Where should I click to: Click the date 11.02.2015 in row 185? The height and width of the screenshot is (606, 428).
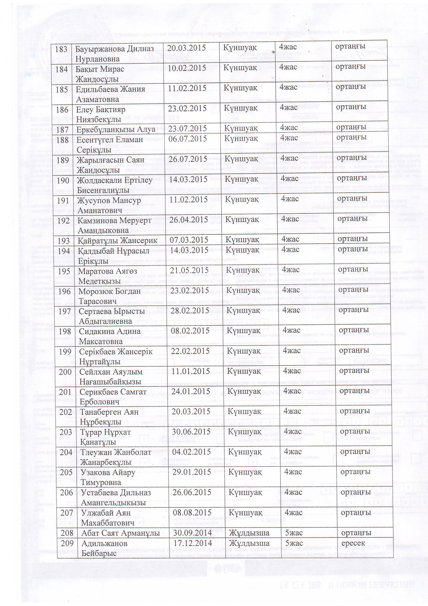point(187,88)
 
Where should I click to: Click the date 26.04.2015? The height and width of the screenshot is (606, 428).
point(189,220)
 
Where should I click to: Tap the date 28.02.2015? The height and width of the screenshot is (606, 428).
point(190,310)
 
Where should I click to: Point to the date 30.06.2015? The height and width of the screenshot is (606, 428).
point(191,432)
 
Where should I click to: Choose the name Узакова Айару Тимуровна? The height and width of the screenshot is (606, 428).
point(108,477)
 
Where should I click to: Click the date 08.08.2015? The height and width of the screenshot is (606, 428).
point(192,513)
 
